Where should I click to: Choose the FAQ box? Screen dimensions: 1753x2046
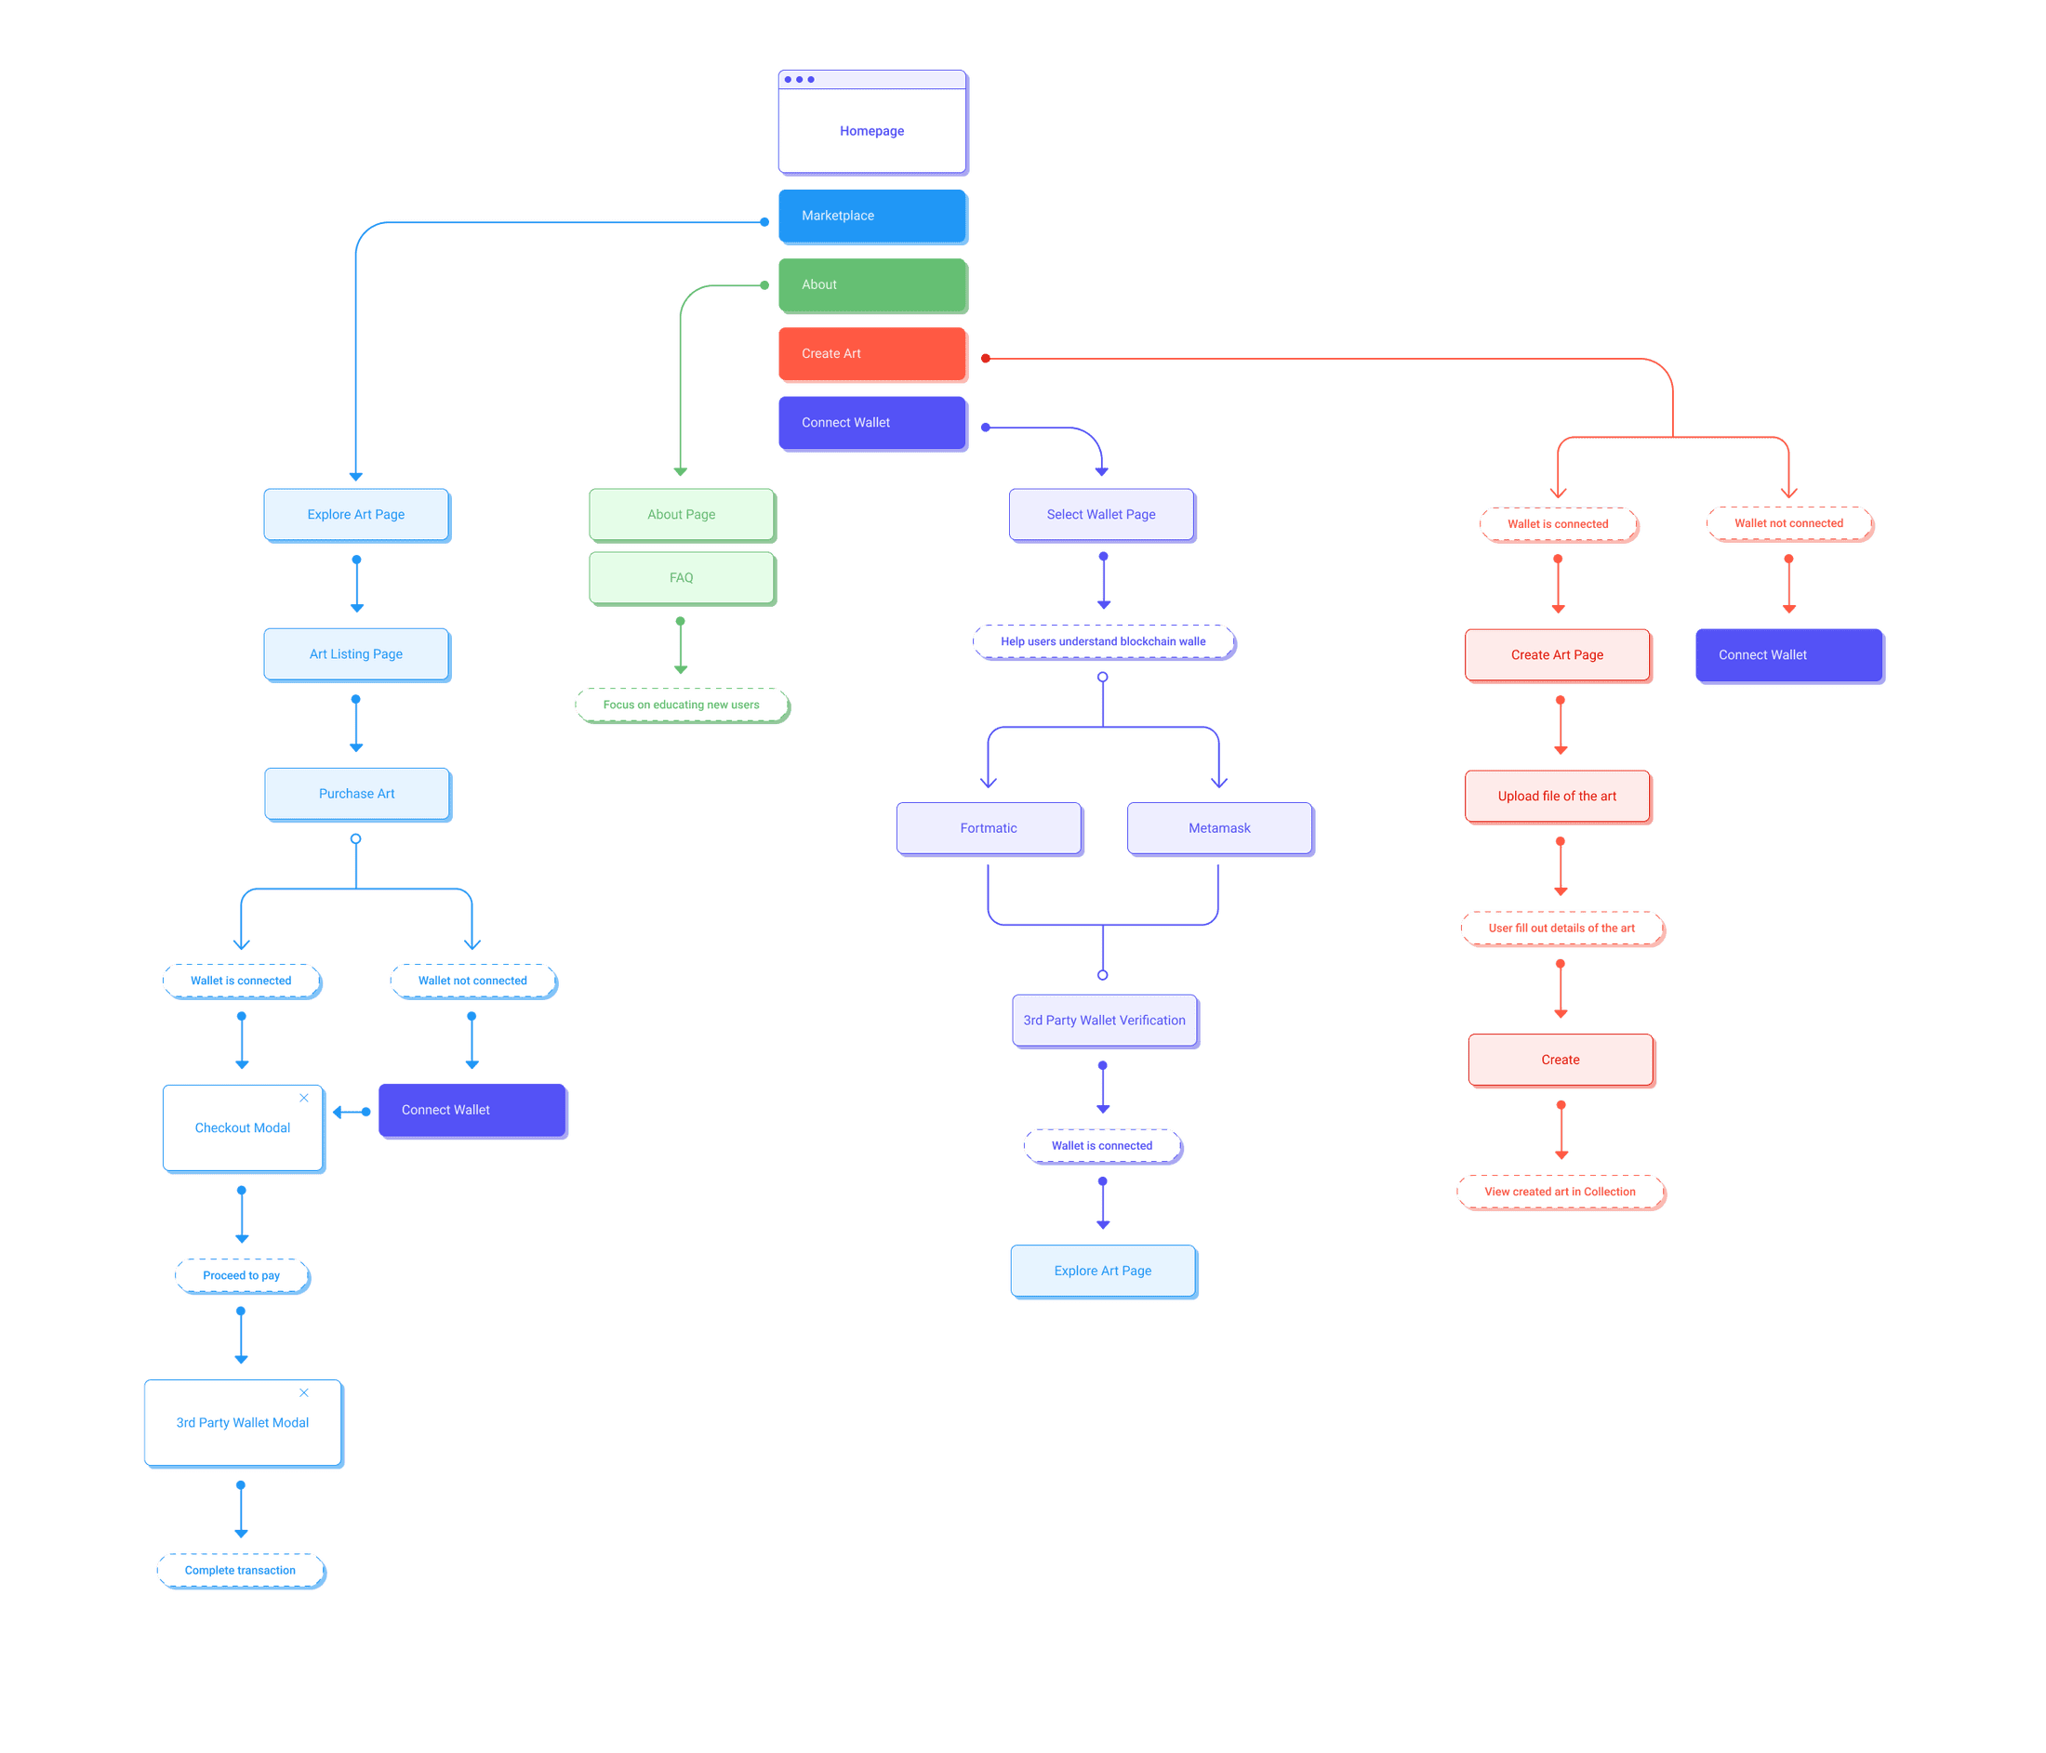pyautogui.click(x=682, y=577)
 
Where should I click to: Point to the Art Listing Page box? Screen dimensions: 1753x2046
pyautogui.click(x=355, y=653)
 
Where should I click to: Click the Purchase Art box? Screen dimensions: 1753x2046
pyautogui.click(x=356, y=794)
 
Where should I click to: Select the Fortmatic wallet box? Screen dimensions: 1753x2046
pyautogui.click(x=989, y=828)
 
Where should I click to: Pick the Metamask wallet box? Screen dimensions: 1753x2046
pyautogui.click(x=1219, y=828)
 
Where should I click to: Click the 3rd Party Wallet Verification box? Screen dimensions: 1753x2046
pyautogui.click(x=1104, y=1021)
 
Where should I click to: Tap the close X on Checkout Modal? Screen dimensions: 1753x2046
pyautogui.click(x=304, y=1098)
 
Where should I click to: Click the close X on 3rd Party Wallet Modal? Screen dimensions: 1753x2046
pyautogui.click(x=304, y=1392)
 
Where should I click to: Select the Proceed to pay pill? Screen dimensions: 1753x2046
pyautogui.click(x=241, y=1275)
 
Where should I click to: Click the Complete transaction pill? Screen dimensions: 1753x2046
pyautogui.click(x=240, y=1571)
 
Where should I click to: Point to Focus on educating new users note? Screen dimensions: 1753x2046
pyautogui.click(x=682, y=705)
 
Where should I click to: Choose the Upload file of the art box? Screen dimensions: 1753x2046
pyautogui.click(x=1557, y=797)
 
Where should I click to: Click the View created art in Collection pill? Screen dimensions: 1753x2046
pyautogui.click(x=1561, y=1192)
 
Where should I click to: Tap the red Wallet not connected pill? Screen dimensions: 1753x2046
pyautogui.click(x=1788, y=523)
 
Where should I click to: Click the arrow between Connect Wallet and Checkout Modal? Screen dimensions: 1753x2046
pyautogui.click(x=352, y=1113)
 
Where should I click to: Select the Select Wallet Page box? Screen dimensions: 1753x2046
pyautogui.click(x=1101, y=514)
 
